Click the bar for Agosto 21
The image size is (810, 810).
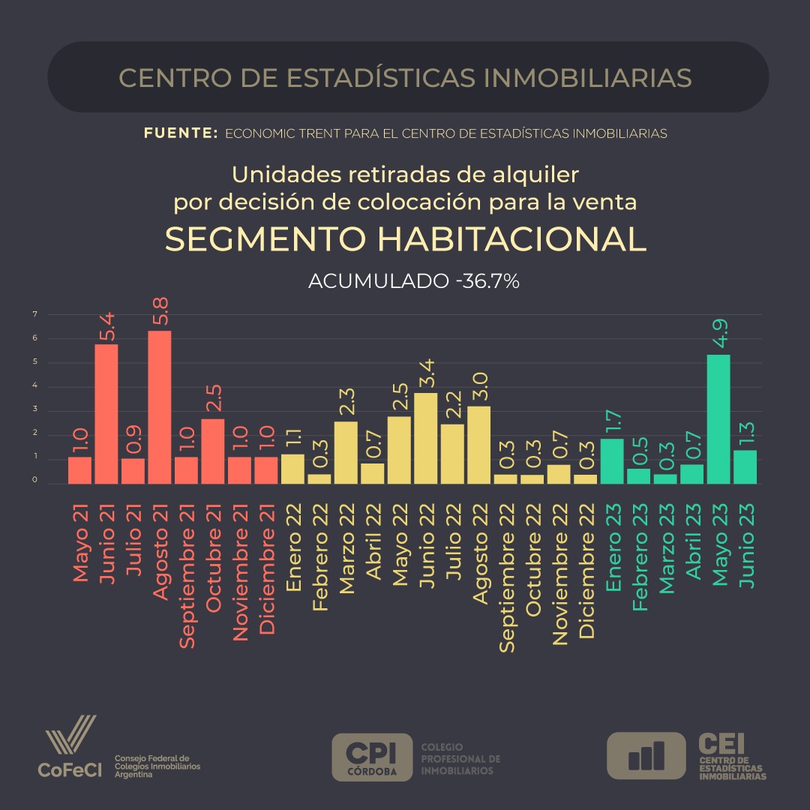tap(159, 407)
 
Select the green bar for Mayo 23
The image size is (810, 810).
tap(718, 419)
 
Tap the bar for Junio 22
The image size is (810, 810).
tap(426, 438)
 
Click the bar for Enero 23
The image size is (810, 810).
tap(612, 461)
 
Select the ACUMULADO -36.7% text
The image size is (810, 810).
tap(414, 282)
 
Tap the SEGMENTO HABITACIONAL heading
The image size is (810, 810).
tap(405, 239)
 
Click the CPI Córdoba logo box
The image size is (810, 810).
tap(372, 757)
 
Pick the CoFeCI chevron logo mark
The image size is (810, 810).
tap(70, 736)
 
